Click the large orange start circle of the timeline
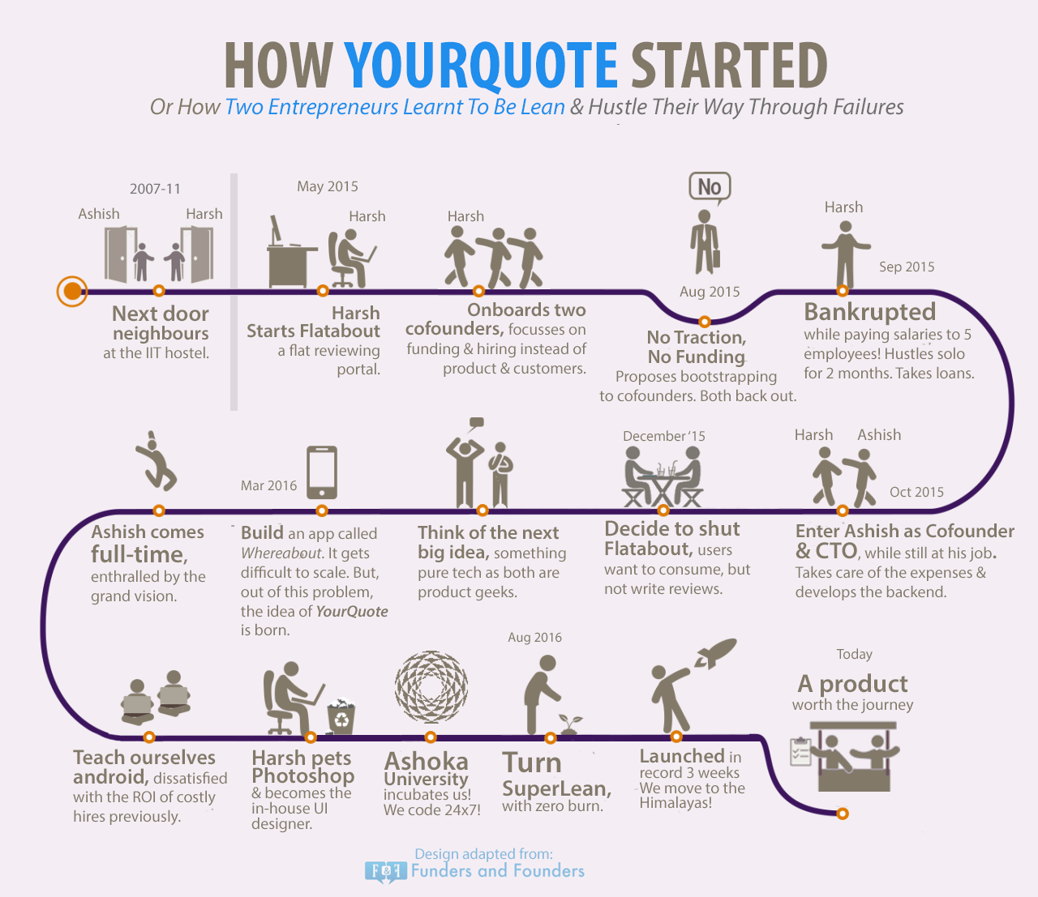pos(72,291)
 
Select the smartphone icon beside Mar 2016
pos(322,472)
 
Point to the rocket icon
pos(715,652)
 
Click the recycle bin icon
pos(341,715)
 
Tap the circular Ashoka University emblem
pos(431,687)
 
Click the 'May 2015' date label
pos(328,186)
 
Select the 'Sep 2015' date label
pos(907,267)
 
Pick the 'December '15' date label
pos(664,436)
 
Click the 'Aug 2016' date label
pos(535,637)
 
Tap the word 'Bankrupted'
pos(870,311)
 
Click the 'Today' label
pos(854,654)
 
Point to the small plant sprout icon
pos(570,724)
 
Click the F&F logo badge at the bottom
pos(385,871)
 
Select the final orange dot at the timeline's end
pos(843,814)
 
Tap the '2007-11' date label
pos(155,189)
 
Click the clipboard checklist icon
pos(800,752)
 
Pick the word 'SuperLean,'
pos(557,789)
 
